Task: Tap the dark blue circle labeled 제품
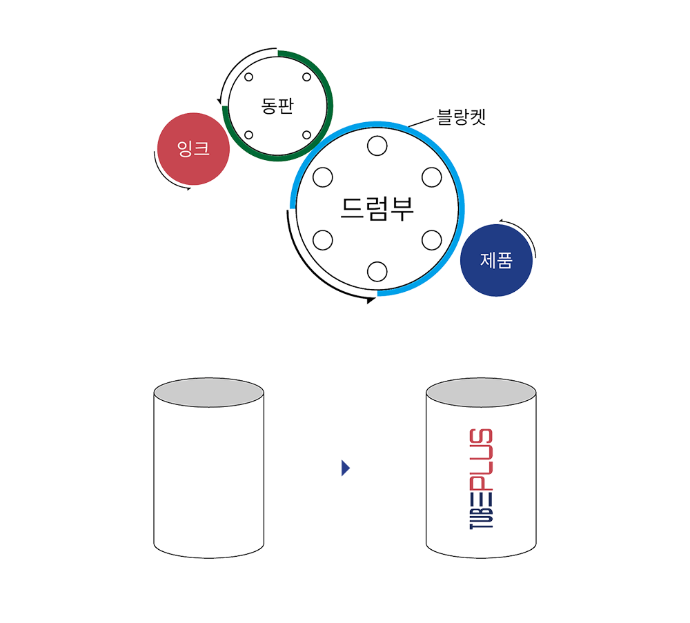click(495, 261)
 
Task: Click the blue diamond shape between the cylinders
click(345, 468)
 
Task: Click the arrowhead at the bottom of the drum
click(370, 299)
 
